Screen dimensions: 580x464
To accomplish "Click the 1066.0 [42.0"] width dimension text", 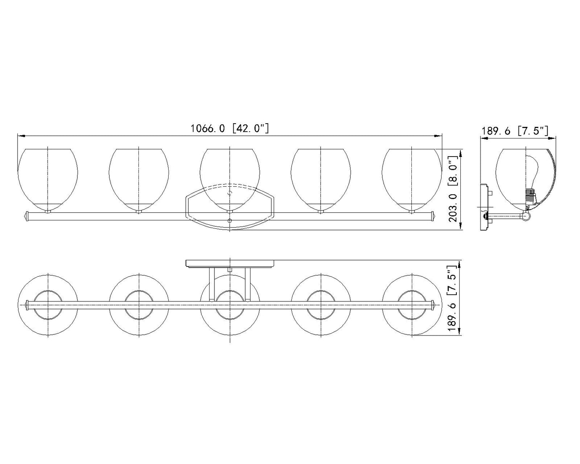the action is click(x=230, y=128).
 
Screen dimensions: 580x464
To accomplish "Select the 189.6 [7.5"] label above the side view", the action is click(x=515, y=131).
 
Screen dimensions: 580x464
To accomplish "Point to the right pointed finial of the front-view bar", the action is click(x=433, y=216).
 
